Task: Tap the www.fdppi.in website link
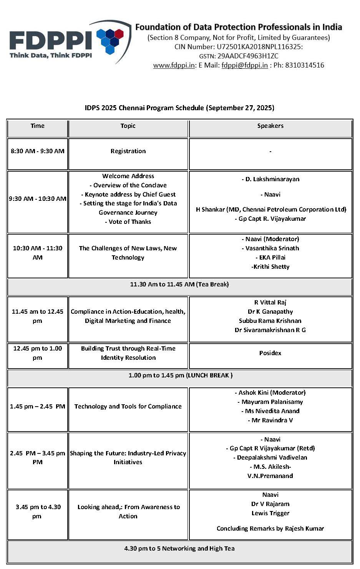(x=174, y=65)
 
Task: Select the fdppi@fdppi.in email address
(x=244, y=65)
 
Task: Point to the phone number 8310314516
(x=299, y=65)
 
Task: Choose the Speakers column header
(x=270, y=126)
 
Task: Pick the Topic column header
(x=128, y=126)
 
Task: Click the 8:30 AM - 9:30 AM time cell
(x=38, y=151)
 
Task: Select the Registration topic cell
(x=128, y=151)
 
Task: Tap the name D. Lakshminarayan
(x=270, y=179)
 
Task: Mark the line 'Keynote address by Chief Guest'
(x=128, y=195)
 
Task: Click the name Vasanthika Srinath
(x=270, y=248)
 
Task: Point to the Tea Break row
(x=179, y=284)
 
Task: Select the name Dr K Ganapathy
(x=270, y=312)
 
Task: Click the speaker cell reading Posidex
(x=270, y=353)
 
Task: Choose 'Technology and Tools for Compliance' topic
(x=128, y=407)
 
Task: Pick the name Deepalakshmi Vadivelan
(x=270, y=458)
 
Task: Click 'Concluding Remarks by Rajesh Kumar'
(x=270, y=529)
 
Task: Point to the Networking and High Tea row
(x=179, y=549)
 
